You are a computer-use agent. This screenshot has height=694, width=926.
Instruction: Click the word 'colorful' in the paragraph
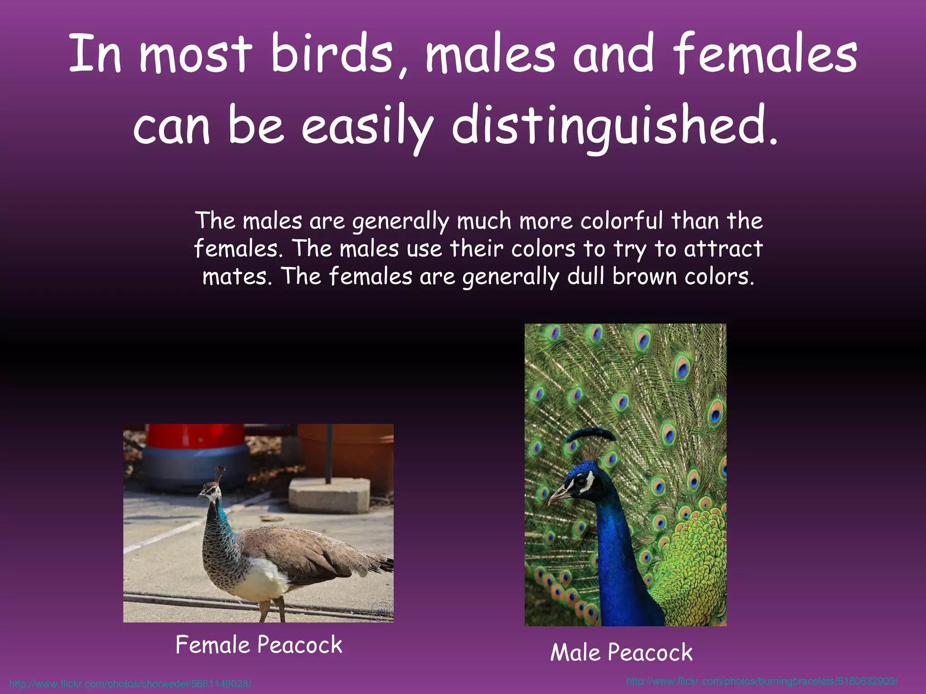(x=622, y=221)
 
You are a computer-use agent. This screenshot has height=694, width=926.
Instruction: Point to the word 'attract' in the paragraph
(x=723, y=249)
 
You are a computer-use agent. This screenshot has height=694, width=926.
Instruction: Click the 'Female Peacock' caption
(x=259, y=645)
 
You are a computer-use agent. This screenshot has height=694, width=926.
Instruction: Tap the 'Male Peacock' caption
(x=621, y=652)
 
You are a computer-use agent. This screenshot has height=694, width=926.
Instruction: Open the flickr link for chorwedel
(x=130, y=684)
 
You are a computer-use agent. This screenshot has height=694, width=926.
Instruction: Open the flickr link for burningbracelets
(x=762, y=681)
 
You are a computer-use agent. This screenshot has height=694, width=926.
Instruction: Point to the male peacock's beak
(x=558, y=496)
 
